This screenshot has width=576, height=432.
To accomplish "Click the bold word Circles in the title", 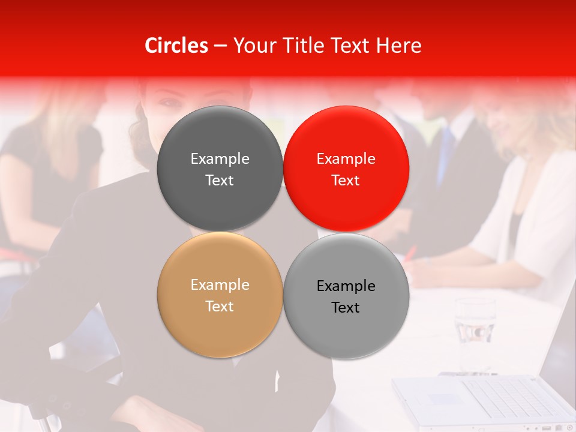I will (x=176, y=46).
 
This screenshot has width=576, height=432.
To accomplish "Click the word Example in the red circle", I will (x=346, y=159).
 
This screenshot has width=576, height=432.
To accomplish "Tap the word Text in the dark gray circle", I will (x=220, y=181).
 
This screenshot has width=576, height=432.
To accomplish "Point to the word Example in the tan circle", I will (x=220, y=285).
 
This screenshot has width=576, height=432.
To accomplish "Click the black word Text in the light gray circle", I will (x=346, y=308).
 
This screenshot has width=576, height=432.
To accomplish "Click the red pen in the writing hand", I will (x=410, y=253).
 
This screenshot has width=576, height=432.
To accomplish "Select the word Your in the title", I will (x=253, y=46).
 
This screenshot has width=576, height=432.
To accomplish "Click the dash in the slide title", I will (x=220, y=46).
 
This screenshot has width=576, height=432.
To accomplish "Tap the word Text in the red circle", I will (x=346, y=181).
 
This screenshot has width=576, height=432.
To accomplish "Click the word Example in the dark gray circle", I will (x=220, y=159).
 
